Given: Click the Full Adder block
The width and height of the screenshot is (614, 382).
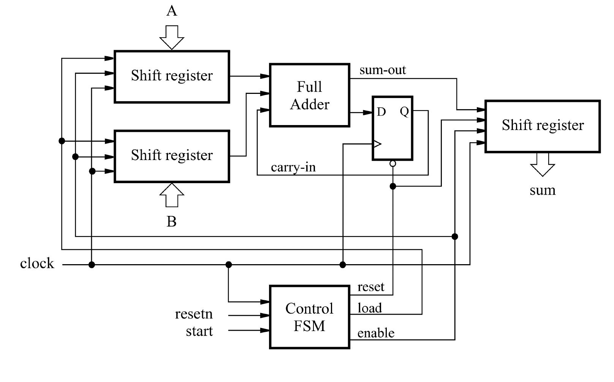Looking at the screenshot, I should [x=309, y=95].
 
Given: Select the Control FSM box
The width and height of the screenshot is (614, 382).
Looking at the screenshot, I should [x=309, y=317].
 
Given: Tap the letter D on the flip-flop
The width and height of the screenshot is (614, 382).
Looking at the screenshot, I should [x=381, y=112].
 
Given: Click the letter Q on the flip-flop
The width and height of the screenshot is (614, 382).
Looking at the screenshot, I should [x=404, y=111].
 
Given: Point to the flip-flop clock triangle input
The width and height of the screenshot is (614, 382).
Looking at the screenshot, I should [x=377, y=144].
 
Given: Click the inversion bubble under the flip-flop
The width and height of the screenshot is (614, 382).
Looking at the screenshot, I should [x=393, y=164].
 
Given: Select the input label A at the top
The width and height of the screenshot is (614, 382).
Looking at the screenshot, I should [x=172, y=11].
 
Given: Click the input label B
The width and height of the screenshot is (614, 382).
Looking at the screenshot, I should [x=172, y=221].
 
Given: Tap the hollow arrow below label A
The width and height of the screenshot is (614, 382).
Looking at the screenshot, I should [x=172, y=37].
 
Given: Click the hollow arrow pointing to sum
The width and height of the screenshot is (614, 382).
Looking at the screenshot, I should [x=543, y=164].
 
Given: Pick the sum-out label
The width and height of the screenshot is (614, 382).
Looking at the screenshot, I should [x=383, y=70].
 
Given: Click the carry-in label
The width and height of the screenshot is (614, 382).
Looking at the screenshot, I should [x=293, y=167].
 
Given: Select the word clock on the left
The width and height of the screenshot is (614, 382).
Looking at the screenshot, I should [x=37, y=263].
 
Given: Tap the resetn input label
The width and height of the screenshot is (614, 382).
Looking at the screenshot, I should [x=194, y=314].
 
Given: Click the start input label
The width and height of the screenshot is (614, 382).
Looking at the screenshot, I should [x=199, y=331].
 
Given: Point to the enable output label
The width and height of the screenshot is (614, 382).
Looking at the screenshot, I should [x=376, y=333].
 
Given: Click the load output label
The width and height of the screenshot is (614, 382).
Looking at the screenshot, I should [x=369, y=308].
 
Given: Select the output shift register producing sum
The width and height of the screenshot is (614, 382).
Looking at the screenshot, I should [x=543, y=126].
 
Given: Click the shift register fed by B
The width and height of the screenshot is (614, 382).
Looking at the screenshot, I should [x=172, y=156].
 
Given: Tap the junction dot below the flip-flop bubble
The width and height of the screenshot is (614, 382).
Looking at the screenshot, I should [x=393, y=186].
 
